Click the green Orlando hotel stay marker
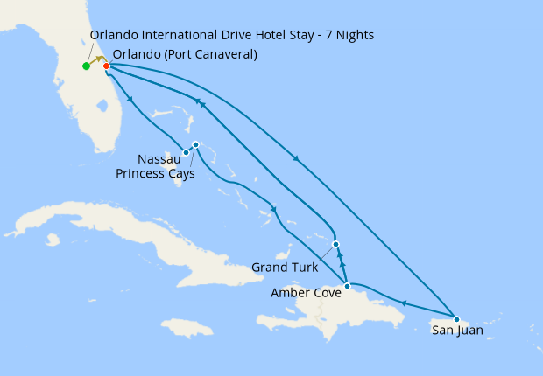coord(86,66)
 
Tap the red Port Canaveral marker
coord(106,66)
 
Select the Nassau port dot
coord(186,153)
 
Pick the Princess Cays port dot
coord(195,144)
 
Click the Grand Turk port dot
coord(335,244)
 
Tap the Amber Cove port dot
coord(348,286)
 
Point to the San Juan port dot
coord(456,318)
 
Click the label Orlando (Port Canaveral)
coord(185,53)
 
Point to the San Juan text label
coord(456,331)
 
